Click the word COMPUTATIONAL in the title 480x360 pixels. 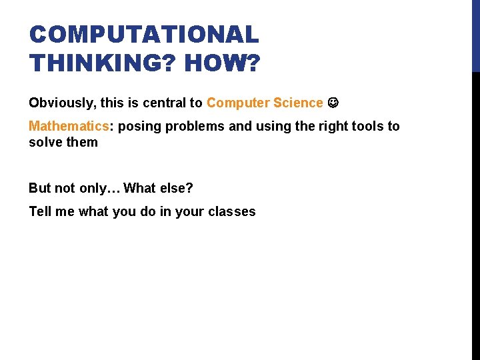tap(144, 35)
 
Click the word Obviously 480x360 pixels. tap(59, 103)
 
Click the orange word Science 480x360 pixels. tap(297, 103)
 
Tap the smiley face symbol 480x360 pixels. tap(334, 103)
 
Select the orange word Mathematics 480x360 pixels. tap(68, 127)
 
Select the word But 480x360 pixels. tap(40, 188)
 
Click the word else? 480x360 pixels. tap(176, 188)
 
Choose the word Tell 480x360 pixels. tap(41, 212)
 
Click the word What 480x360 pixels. tap(139, 188)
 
